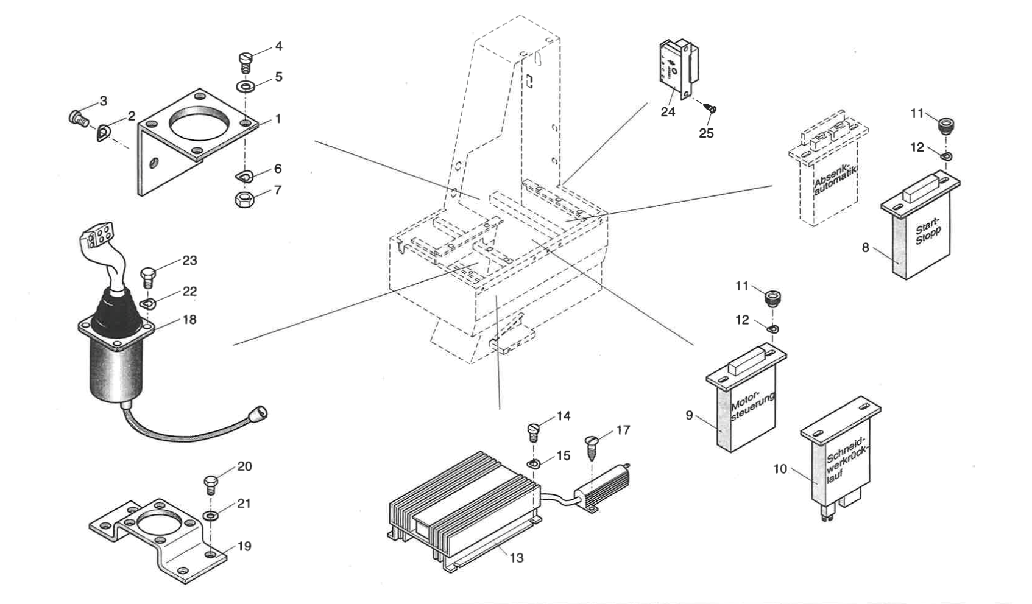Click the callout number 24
coord(668,112)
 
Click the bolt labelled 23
coord(149,278)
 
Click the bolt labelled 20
coord(210,485)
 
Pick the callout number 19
coord(244,546)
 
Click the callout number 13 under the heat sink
coord(516,558)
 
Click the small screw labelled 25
coord(712,110)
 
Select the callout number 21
coord(244,504)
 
